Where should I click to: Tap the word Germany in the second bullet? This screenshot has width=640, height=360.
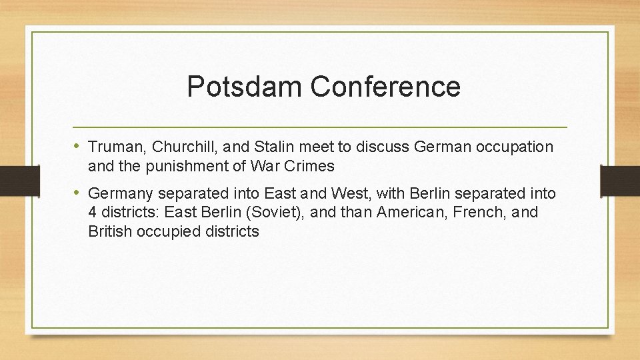coord(117,194)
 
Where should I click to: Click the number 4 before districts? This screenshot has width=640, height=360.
coord(93,213)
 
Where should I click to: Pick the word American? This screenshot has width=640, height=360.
coord(410,213)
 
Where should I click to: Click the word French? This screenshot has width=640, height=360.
coord(480,213)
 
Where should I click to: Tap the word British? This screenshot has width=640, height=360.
coord(109,231)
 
